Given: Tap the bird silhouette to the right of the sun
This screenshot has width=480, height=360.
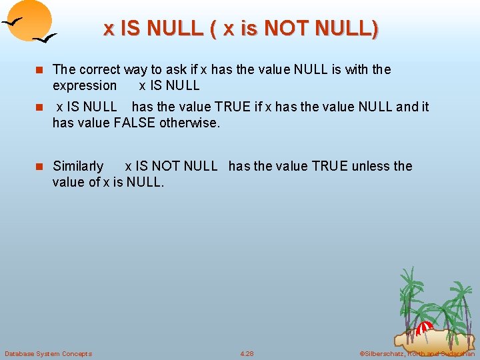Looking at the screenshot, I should click(45, 39).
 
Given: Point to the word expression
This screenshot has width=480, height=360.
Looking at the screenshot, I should click(85, 85).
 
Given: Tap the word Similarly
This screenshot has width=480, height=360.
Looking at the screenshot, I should click(78, 166).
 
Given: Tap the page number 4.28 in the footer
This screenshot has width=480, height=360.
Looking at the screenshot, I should click(247, 353).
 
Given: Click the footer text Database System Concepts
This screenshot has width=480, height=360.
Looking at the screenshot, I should click(48, 353).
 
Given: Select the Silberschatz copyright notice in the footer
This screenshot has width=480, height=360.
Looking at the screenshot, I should click(417, 353).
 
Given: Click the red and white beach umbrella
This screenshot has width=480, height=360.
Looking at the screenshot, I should click(425, 328).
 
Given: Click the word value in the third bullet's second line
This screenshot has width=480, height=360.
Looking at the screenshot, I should click(69, 182).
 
